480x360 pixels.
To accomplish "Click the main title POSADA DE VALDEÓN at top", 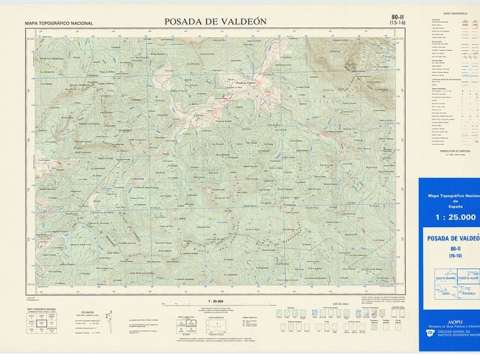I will tap(215, 22).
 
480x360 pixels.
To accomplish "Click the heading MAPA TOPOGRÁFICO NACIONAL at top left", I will tap(59, 23).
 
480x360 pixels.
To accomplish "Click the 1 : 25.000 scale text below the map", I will tap(215, 301).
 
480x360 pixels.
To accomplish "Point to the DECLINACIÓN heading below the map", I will tap(87, 313).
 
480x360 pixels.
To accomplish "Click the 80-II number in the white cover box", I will tap(455, 248).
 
